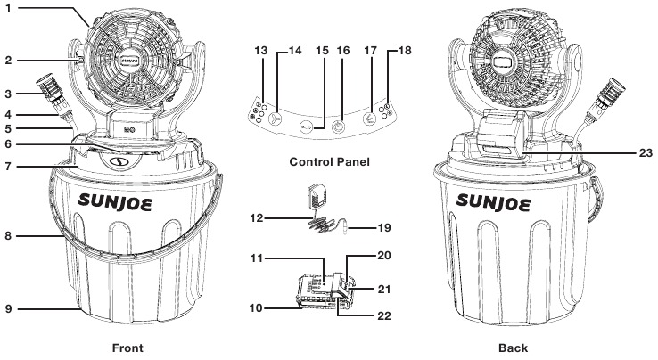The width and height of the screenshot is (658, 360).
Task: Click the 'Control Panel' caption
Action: coord(329,162)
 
